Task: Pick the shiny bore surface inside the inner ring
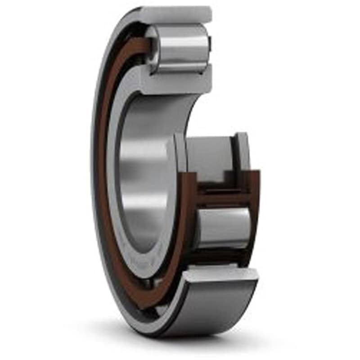coord(144,180)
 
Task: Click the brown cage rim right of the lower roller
coord(255,211)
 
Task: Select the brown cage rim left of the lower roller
coord(189,216)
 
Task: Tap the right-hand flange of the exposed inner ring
coord(242,153)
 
